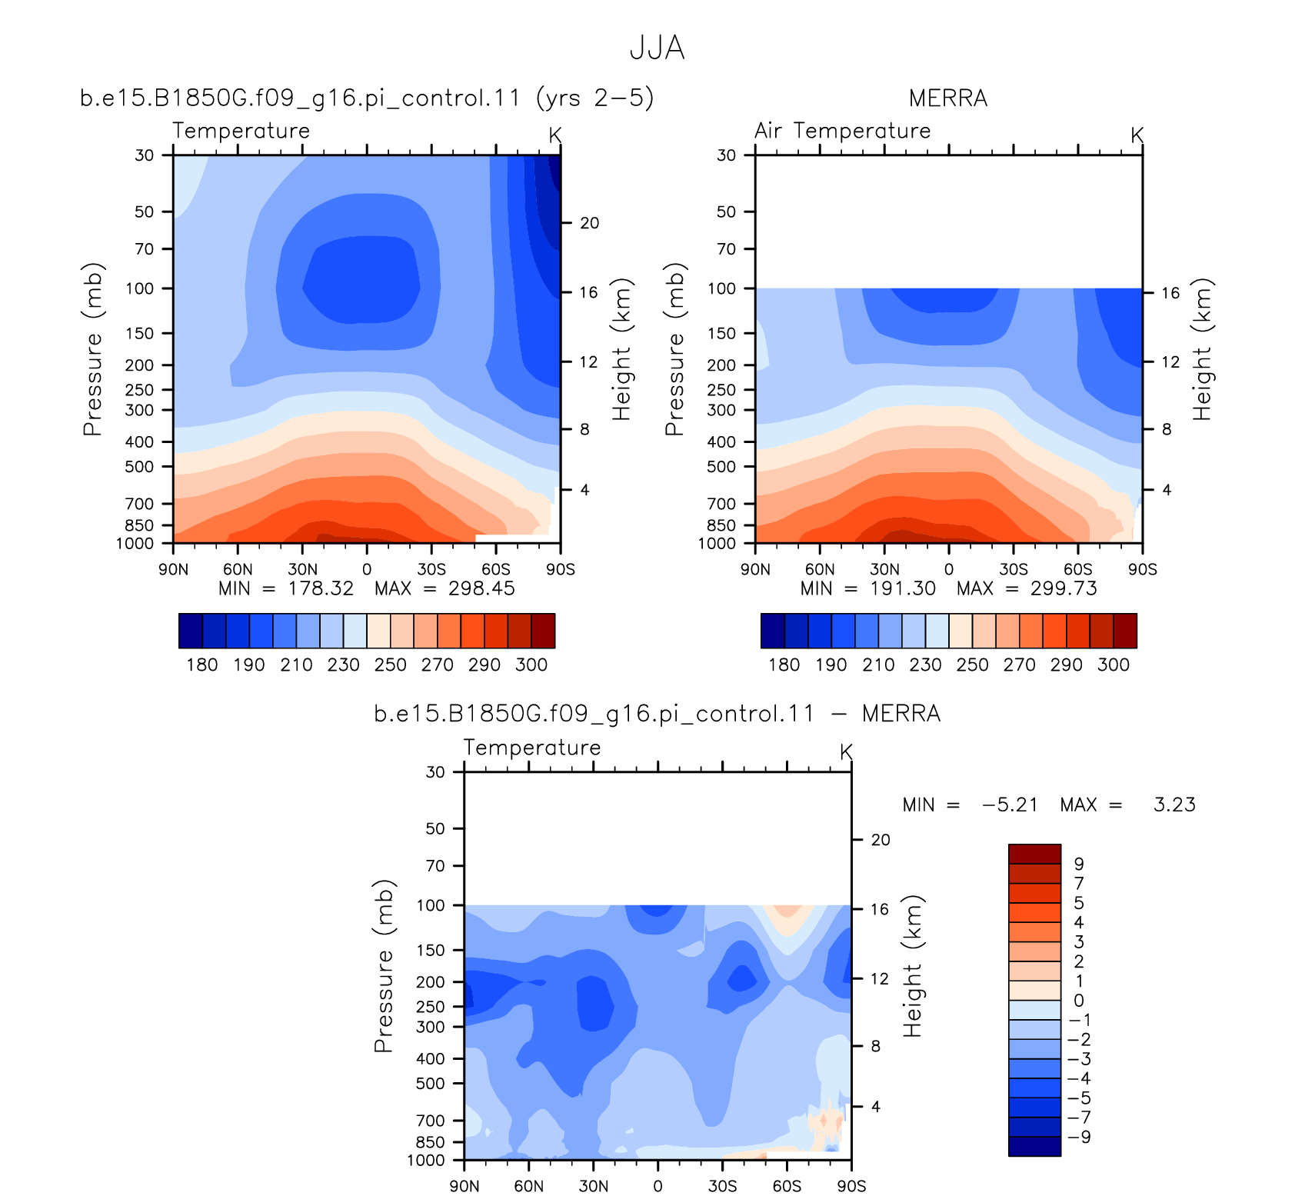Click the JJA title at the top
[657, 48]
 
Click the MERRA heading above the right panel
[948, 98]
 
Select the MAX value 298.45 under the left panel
[481, 588]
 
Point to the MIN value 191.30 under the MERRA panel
[903, 588]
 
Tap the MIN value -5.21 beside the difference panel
[1010, 805]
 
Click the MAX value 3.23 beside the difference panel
[1175, 805]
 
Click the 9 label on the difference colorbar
[1079, 865]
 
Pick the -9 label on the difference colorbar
[1080, 1137]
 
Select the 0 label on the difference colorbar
[1079, 1001]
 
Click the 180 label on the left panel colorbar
[202, 665]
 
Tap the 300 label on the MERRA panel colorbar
[1114, 665]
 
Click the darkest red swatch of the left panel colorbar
[543, 631]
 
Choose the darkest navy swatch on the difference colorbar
[1034, 1146]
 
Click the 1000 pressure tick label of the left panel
[135, 544]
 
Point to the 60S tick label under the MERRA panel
[1078, 569]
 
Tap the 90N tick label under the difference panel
[464, 1185]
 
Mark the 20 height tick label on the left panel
[590, 223]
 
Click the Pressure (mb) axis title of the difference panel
[384, 966]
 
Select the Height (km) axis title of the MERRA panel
[1202, 349]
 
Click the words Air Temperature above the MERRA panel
[843, 131]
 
